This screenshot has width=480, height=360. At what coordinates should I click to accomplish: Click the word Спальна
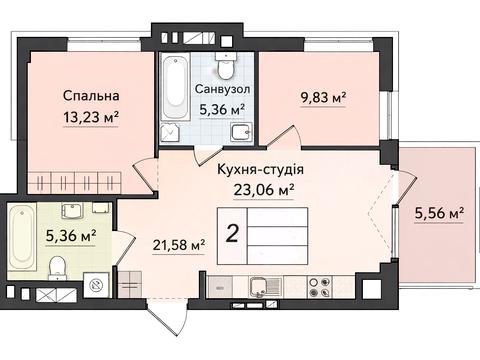pos(91,96)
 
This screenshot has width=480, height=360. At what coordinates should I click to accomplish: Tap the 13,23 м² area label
pos(91,115)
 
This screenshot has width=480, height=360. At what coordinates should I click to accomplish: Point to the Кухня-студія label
pos(260,169)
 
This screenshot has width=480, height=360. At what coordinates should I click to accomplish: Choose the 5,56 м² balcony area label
pos(438,213)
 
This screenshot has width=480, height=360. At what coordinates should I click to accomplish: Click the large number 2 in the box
pos(232,235)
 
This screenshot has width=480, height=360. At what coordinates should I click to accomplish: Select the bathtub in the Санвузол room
pos(171,95)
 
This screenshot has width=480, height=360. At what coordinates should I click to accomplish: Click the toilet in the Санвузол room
pos(226,69)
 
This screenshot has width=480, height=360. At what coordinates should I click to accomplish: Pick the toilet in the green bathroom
pos(59,264)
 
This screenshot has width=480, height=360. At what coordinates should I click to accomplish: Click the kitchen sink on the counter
pos(261,288)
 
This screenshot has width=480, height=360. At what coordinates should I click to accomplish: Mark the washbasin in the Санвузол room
pos(238,133)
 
